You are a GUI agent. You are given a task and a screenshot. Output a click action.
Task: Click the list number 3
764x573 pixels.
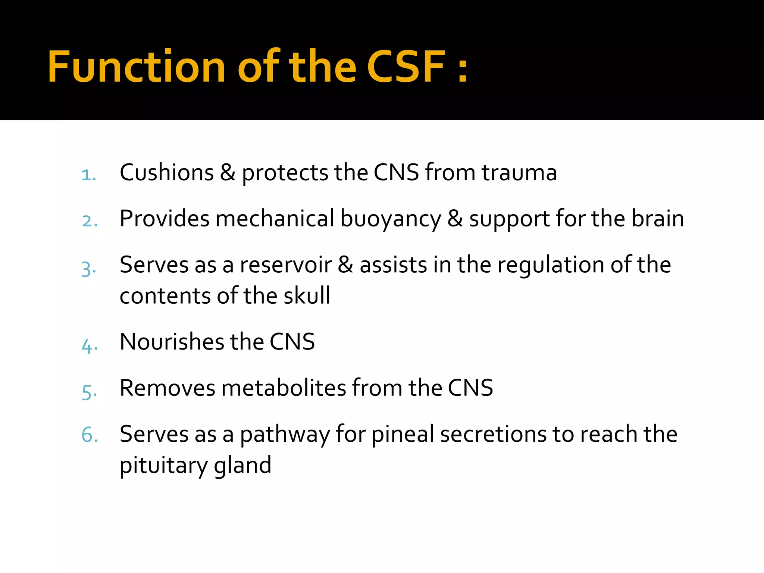(89, 269)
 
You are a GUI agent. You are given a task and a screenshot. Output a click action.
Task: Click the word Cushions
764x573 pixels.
(167, 173)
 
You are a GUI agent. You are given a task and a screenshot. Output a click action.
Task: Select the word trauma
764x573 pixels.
(519, 173)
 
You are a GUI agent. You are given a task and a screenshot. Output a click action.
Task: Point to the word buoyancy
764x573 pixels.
(391, 219)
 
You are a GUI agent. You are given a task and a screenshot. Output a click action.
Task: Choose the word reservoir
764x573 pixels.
(286, 265)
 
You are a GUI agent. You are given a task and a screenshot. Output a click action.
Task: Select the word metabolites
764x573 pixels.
(284, 388)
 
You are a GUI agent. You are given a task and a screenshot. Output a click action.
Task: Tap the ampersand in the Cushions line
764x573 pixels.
(228, 173)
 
